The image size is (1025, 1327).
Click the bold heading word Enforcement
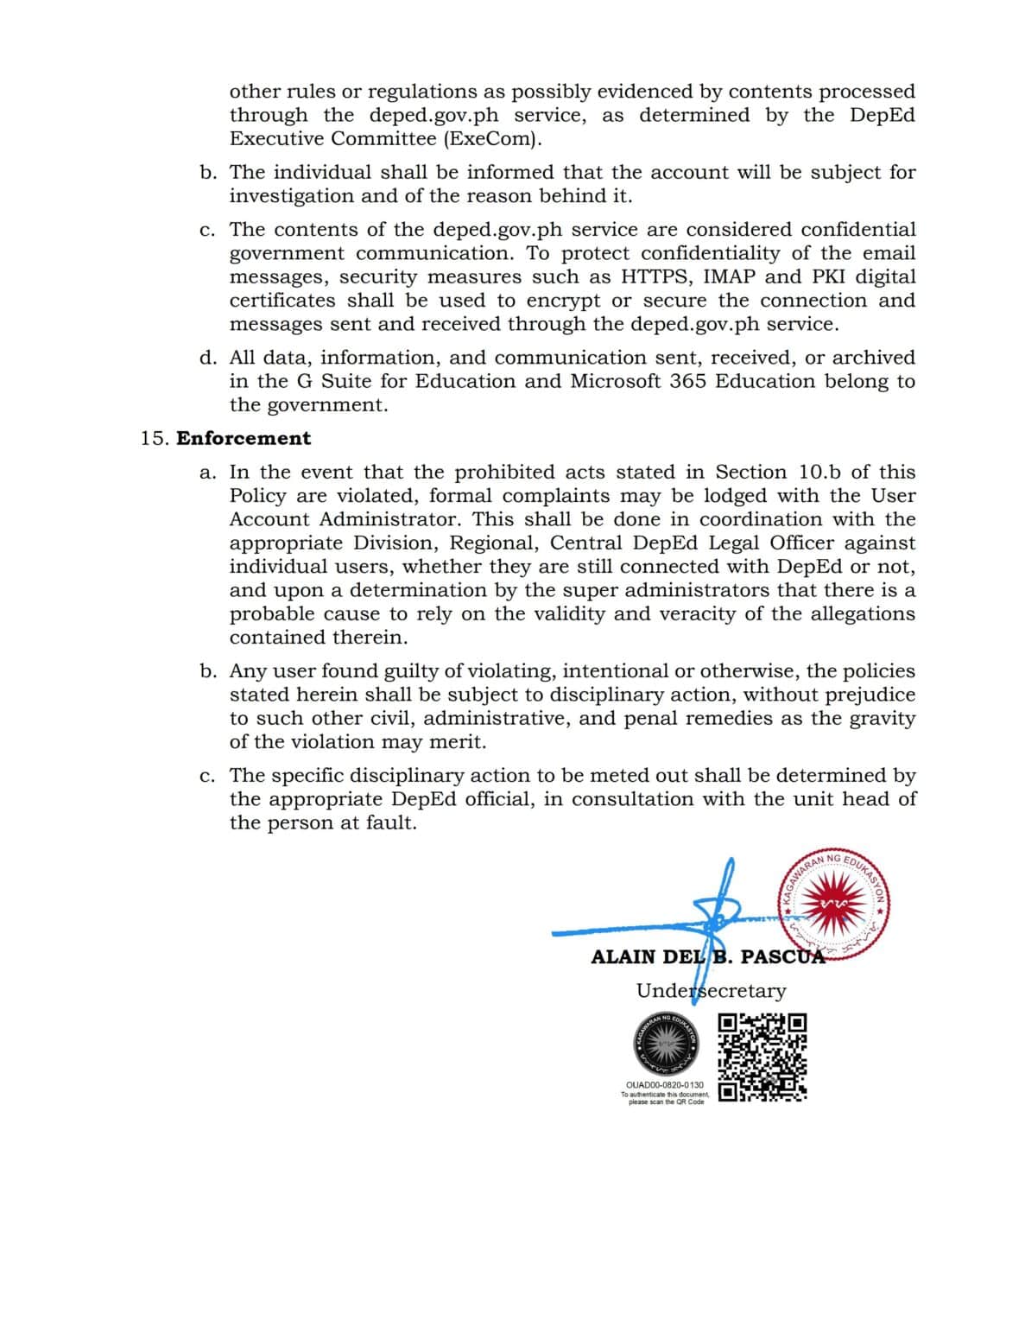pyautogui.click(x=244, y=438)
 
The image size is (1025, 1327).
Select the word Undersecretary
pyautogui.click(x=711, y=991)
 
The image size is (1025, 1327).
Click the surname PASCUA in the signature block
pyautogui.click(x=781, y=957)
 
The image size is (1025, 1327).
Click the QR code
pyautogui.click(x=762, y=1058)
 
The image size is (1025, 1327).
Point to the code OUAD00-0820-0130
pyautogui.click(x=664, y=1085)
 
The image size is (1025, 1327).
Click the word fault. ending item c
pyautogui.click(x=390, y=822)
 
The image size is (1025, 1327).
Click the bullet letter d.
pyautogui.click(x=207, y=358)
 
